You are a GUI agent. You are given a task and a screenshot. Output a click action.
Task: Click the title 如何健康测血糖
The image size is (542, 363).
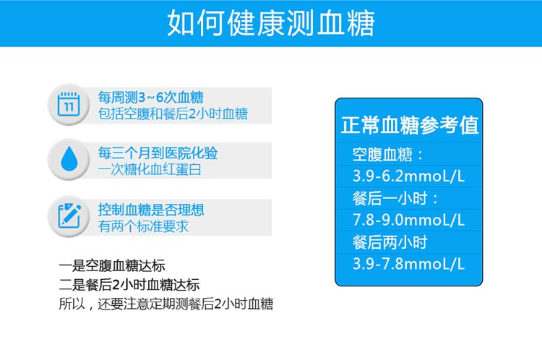[x=271, y=23]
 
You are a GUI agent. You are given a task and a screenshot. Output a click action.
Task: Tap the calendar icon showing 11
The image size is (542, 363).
[x=69, y=104]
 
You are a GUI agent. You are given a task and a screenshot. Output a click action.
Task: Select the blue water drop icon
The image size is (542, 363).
[x=69, y=158]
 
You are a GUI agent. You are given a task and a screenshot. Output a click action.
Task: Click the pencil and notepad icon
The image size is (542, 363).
[x=69, y=215]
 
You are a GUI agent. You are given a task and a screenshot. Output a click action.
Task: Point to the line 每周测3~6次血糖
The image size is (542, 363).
[x=151, y=98]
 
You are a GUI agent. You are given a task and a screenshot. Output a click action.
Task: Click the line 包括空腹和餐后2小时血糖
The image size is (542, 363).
[x=173, y=114]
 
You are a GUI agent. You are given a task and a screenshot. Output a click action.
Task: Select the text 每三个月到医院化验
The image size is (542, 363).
[x=158, y=153]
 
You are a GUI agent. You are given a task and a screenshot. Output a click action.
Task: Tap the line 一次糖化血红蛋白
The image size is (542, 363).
[x=150, y=169]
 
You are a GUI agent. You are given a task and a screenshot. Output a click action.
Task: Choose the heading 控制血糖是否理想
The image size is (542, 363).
[x=151, y=210]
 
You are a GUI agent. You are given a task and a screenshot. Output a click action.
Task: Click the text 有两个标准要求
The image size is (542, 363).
[x=143, y=226]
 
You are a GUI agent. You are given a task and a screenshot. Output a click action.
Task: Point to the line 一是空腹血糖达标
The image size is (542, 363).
[x=112, y=266]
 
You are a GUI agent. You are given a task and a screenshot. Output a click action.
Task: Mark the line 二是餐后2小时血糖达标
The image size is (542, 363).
[x=129, y=285]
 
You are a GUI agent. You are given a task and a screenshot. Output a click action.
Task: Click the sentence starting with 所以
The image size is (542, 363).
[x=166, y=304]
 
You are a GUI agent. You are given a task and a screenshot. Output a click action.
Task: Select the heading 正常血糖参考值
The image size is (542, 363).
[x=410, y=125]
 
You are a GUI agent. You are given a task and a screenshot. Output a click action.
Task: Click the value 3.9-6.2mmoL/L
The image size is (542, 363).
[x=408, y=176]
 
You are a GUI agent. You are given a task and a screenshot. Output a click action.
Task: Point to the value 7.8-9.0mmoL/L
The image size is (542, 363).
[x=408, y=220]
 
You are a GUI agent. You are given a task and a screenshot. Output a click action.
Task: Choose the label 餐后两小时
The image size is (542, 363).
[x=390, y=242]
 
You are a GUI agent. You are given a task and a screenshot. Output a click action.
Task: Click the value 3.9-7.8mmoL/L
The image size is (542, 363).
[x=408, y=264]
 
